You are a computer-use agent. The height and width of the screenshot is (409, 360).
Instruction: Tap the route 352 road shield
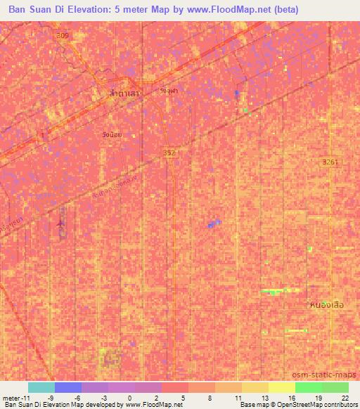(x=169, y=152)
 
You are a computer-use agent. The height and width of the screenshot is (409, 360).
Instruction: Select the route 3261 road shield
(x=330, y=162)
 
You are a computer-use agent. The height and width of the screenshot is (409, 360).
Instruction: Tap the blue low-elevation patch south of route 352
(x=214, y=224)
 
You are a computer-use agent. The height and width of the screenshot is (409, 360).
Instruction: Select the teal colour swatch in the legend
(x=41, y=387)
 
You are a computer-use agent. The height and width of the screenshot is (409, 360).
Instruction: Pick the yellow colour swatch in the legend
(x=281, y=387)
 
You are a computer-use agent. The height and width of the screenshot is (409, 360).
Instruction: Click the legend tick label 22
(x=344, y=398)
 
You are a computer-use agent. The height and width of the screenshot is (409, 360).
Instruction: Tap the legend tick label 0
(x=130, y=398)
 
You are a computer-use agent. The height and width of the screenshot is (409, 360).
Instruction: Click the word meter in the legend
(x=13, y=398)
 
